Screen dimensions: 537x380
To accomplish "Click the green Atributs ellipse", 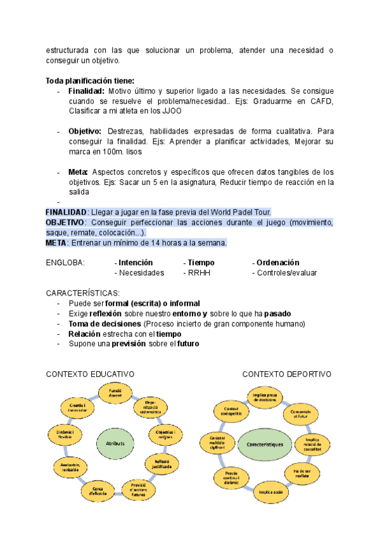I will pos(115,444).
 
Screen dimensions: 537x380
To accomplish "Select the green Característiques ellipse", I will pos(265,445).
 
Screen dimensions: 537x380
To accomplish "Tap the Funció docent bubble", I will pos(115,394).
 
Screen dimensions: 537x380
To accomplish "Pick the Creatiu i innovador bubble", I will pos(77,406).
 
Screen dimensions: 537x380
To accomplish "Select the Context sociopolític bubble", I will pos(230,411).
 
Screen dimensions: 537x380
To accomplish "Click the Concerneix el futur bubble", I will pos(301,413).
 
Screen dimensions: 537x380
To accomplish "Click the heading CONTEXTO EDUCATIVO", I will pos(90,374).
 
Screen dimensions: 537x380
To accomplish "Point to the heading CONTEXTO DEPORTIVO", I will pos(287,374).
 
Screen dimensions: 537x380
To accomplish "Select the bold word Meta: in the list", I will pos(79,172).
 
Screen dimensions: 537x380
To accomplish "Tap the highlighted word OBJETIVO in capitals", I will pos(65,222).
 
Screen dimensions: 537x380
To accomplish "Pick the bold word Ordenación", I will pos(277,263).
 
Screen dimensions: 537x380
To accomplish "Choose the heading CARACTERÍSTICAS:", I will pos(82,293).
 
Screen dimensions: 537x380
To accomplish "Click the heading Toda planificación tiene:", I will pos(90,81).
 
